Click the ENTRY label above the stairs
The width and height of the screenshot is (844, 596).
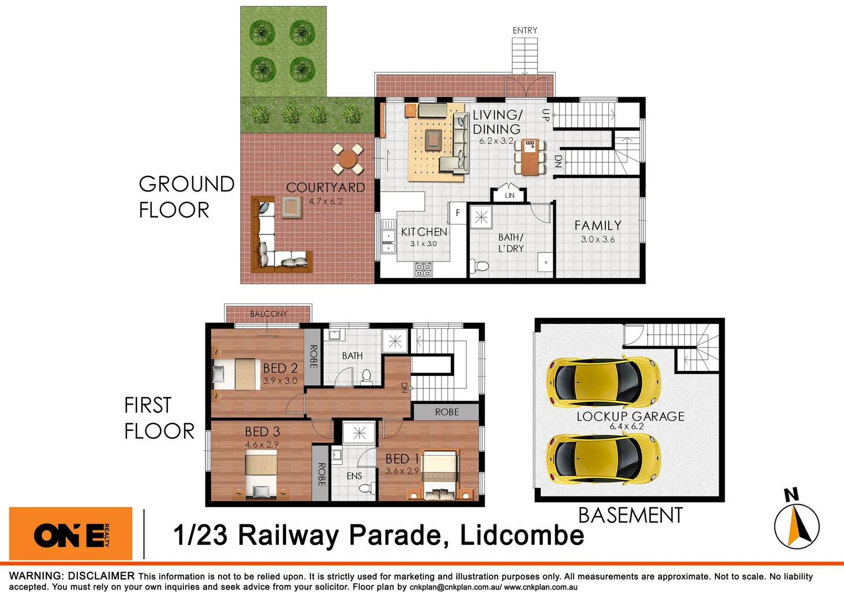(524, 30)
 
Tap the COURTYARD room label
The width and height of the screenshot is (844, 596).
(325, 188)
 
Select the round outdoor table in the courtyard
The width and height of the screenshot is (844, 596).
(347, 159)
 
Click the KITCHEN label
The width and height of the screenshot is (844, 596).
(424, 232)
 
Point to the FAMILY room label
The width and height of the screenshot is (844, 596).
(598, 226)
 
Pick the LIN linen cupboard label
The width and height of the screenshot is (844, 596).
(509, 195)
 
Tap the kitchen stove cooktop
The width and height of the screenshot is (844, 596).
(423, 270)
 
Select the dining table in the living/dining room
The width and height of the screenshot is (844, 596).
(530, 157)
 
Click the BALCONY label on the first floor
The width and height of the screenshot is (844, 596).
(268, 314)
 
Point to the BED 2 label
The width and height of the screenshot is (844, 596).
(280, 368)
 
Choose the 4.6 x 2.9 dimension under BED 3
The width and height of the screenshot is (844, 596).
(262, 444)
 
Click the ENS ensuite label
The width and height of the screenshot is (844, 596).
(354, 476)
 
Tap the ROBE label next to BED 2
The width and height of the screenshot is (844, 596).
(313, 356)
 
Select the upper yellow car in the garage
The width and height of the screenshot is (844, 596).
(603, 382)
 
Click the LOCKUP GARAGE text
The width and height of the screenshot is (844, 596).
(630, 417)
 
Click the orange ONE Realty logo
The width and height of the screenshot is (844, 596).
(71, 534)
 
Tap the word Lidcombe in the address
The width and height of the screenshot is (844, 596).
(521, 535)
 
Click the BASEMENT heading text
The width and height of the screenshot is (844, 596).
(630, 515)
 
